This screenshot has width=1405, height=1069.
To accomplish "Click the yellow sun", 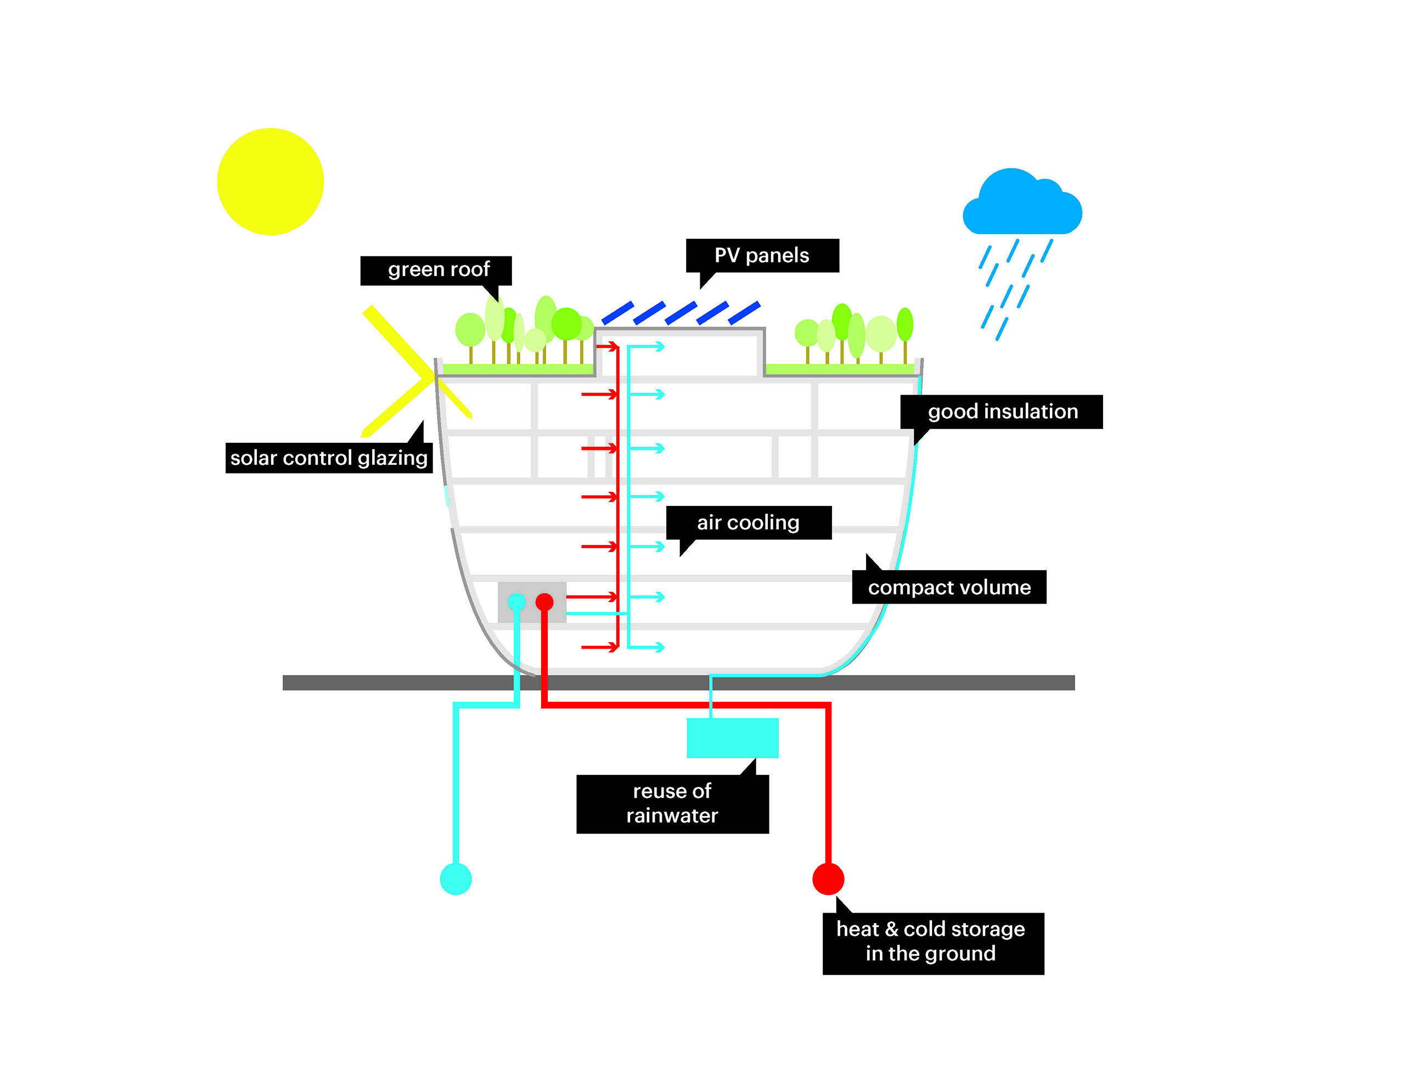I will [270, 181].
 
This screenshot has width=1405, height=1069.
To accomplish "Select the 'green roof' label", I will [437, 270].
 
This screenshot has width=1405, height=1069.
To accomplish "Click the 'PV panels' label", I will [762, 255].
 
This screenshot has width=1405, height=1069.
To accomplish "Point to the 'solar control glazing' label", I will [328, 458].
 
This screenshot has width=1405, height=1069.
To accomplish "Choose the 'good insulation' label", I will [1002, 411].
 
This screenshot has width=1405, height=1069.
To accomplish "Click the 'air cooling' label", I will [748, 522].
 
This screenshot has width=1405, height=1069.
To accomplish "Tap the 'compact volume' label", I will [949, 587].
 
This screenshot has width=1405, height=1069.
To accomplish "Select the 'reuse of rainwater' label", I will [672, 803].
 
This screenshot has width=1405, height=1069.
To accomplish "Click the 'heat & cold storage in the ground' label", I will [932, 942].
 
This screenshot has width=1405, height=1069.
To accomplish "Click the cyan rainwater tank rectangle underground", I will [732, 738].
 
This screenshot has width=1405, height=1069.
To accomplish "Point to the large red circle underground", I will [828, 879].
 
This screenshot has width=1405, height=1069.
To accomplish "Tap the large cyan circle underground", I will [456, 879].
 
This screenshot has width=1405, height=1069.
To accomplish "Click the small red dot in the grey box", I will [544, 601].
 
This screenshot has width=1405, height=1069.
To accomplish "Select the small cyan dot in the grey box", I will [516, 601].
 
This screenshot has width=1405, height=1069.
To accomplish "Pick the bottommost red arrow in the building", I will [600, 647].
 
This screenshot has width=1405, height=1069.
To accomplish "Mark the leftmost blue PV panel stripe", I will [617, 313].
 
